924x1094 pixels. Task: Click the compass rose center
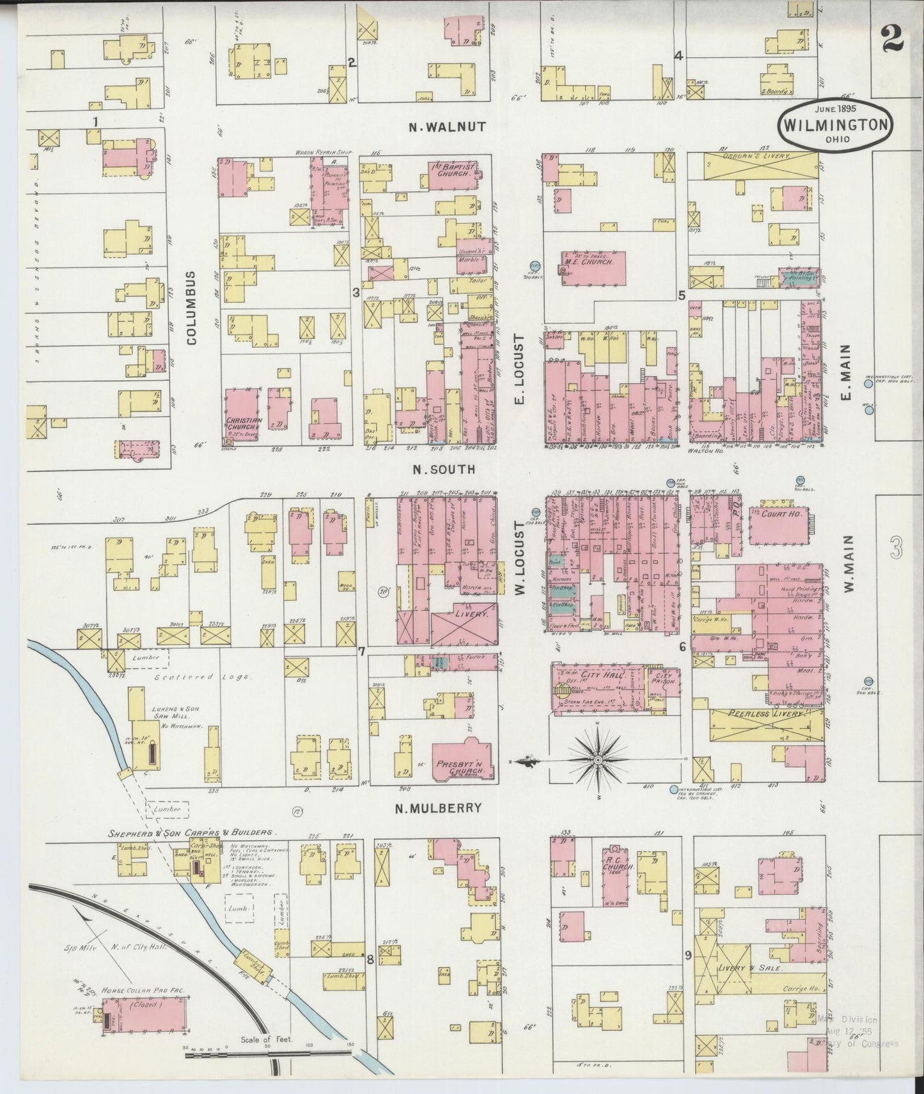coord(597,759)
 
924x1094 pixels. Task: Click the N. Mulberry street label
coord(438,808)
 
